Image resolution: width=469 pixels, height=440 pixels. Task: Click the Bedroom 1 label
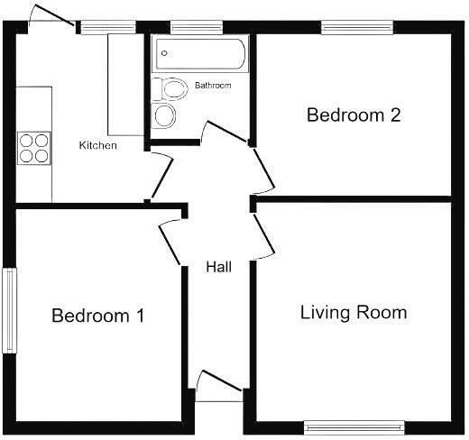click(98, 316)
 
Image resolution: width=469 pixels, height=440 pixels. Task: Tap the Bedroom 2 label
click(353, 115)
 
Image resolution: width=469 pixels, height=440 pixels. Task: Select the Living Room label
click(353, 313)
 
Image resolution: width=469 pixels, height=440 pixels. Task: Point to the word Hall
click(218, 267)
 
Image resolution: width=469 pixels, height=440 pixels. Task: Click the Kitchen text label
click(97, 145)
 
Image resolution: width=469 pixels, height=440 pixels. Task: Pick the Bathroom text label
click(213, 86)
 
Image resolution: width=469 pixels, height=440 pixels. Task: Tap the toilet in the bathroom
click(167, 88)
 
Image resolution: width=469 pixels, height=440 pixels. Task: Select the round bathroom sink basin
click(164, 115)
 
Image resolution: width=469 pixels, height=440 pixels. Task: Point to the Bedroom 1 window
click(9, 311)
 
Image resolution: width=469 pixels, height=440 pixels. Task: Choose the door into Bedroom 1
click(172, 239)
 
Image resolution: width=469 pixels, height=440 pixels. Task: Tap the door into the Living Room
click(264, 234)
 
